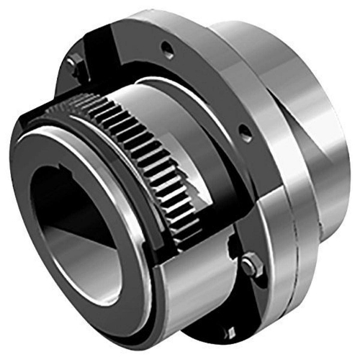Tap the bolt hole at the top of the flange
coord(167,50)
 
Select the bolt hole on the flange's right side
coord(246,132)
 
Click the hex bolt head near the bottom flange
coord(251,265)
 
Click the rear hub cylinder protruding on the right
coord(317,130)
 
